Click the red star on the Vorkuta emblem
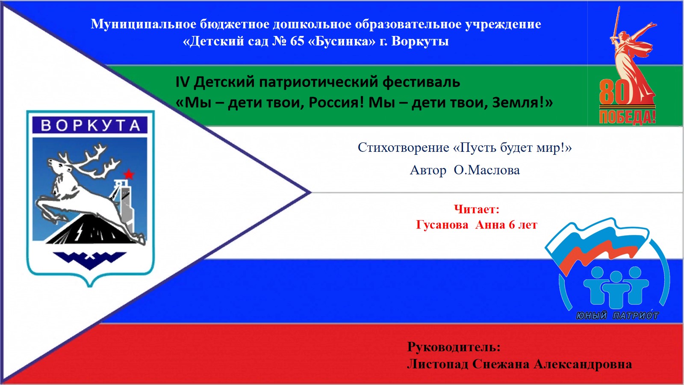click(129, 174)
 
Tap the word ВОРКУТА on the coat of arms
click(90, 125)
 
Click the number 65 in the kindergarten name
click(297, 41)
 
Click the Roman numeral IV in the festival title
click(182, 82)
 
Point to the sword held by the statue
click(616, 23)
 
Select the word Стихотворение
click(404, 148)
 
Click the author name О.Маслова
click(487, 170)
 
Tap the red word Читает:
click(476, 209)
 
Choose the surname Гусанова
click(442, 225)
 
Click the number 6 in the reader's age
click(511, 225)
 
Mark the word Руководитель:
click(454, 347)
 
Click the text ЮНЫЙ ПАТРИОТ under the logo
click(617, 315)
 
